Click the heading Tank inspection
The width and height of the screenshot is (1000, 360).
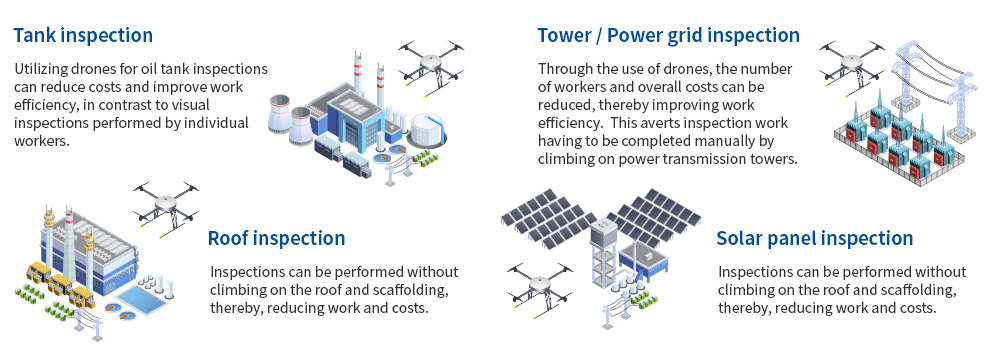click(x=83, y=35)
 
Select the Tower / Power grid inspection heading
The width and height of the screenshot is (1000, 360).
click(x=668, y=35)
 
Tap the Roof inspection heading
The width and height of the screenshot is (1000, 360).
click(x=276, y=238)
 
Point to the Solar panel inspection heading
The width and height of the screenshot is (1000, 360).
click(x=814, y=238)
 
